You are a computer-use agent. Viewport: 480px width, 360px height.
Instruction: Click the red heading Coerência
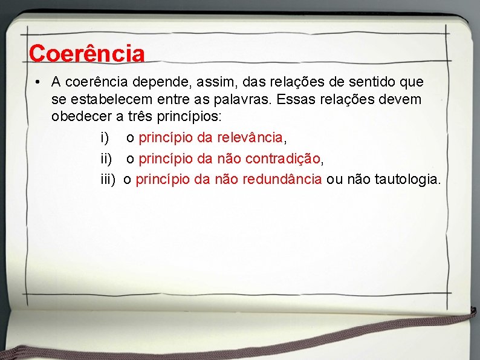86,53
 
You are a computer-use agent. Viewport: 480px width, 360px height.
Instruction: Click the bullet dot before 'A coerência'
37,81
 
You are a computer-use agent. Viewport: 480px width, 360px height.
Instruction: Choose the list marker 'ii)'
106,159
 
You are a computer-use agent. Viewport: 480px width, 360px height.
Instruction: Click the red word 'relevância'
251,138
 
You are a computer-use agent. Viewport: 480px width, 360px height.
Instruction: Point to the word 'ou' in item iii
334,179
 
